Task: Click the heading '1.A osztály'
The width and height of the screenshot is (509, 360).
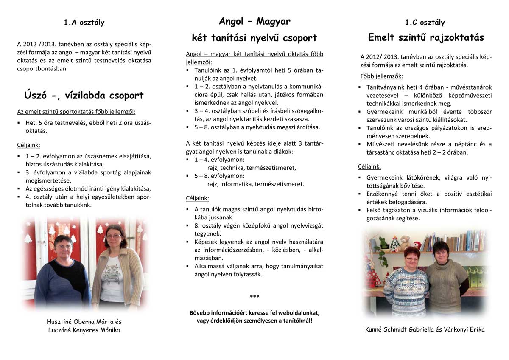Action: pos(84,22)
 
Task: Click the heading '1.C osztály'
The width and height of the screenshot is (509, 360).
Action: pos(425,22)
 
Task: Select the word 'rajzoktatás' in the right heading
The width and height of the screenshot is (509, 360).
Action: pos(457,38)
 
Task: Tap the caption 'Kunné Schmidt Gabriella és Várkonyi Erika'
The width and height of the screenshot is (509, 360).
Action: pos(425,329)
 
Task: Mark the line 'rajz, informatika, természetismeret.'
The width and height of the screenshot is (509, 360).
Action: pos(256,184)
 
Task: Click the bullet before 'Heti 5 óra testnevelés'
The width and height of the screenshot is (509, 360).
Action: pos(19,123)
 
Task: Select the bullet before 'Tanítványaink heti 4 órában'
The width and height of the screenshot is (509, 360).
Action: pos(360,87)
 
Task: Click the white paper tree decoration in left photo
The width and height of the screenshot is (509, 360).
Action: pos(29,238)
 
